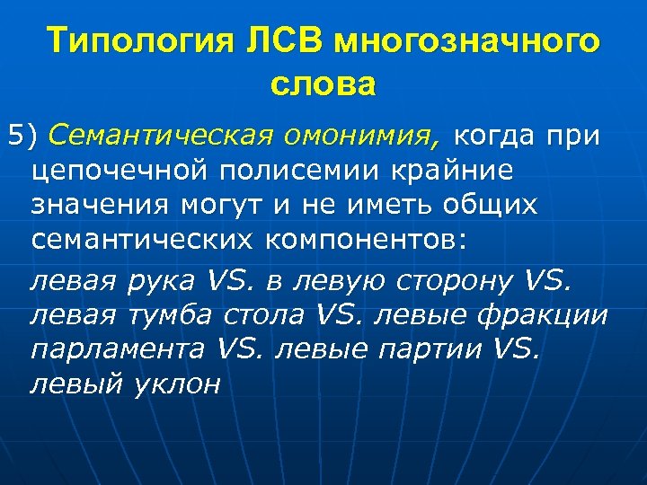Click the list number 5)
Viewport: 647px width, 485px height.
pos(24,136)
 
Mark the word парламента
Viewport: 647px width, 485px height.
pos(116,349)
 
